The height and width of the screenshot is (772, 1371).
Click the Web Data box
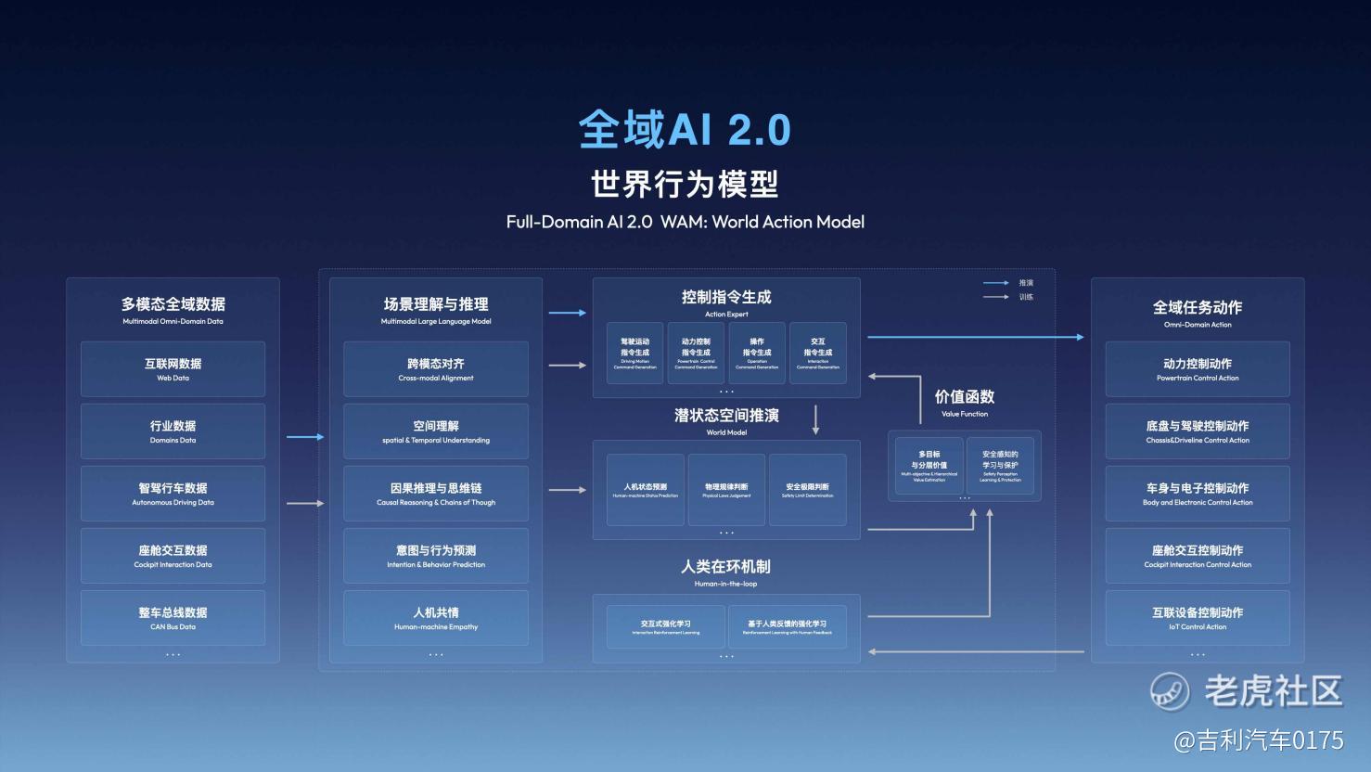[x=173, y=369]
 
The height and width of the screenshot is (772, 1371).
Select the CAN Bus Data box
[x=173, y=618]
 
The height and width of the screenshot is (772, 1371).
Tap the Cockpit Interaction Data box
[x=173, y=556]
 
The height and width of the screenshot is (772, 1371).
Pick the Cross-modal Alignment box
[x=436, y=369]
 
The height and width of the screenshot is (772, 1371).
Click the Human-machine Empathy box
[x=436, y=618]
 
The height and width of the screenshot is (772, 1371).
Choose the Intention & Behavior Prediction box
[x=436, y=556]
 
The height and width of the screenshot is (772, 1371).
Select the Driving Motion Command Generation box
[x=634, y=354]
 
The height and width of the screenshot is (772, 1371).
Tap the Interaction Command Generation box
[x=817, y=354]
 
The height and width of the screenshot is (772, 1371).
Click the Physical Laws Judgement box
[x=726, y=490]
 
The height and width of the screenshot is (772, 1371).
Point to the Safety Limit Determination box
[x=807, y=490]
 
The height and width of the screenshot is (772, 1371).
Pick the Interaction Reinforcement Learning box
[x=666, y=627]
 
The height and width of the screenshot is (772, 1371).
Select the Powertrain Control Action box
[x=1198, y=369]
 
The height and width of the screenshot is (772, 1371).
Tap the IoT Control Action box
[x=1198, y=618]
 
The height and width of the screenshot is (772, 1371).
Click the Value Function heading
[x=965, y=402]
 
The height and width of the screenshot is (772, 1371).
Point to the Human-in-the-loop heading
[x=725, y=572]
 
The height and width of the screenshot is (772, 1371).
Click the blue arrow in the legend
[x=995, y=283]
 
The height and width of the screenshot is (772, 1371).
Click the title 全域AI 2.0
[x=685, y=129]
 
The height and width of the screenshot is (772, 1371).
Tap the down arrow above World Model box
[x=816, y=419]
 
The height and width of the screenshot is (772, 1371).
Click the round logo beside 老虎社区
[x=1170, y=691]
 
